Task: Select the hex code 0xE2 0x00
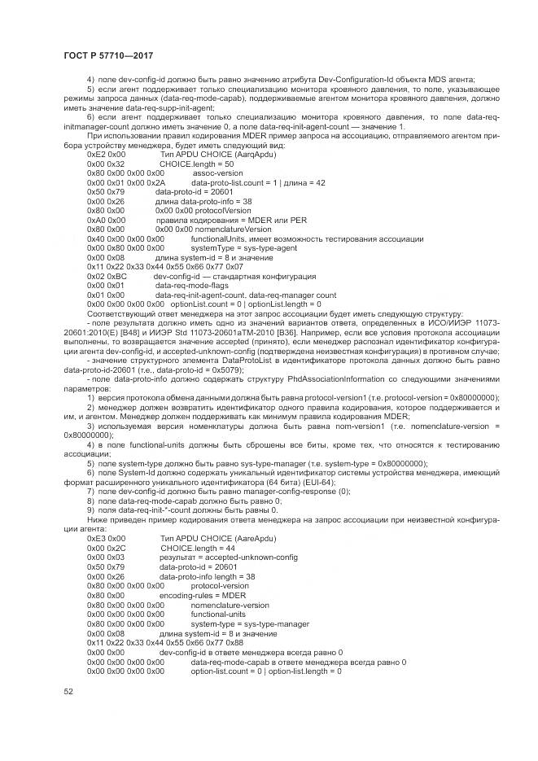(106, 153)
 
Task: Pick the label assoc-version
(217, 173)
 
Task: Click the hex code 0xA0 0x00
(106, 220)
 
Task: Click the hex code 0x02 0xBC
(106, 277)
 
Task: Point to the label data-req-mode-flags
(190, 286)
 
